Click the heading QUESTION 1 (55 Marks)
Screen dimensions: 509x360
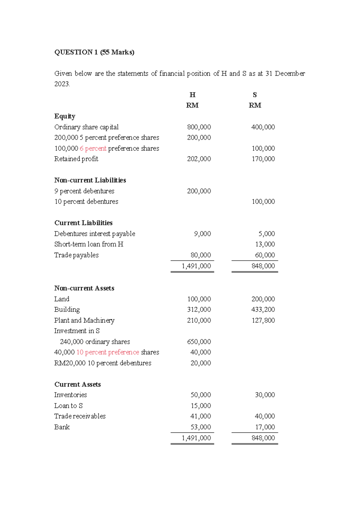[94, 52]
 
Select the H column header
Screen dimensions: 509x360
[192, 95]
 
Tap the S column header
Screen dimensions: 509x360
[255, 95]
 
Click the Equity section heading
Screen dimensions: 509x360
[65, 116]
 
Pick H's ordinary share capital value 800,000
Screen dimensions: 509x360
[199, 127]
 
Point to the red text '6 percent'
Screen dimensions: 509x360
[93, 148]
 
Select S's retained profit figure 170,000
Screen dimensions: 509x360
[263, 159]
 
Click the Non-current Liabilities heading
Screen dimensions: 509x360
[90, 180]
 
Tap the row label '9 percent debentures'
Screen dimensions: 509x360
[84, 191]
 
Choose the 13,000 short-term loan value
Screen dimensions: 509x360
[265, 244]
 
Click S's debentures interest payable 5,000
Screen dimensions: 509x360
[267, 233]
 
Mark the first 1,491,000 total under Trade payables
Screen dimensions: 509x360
[196, 266]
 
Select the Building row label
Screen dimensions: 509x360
[67, 309]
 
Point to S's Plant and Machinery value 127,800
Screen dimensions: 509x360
[263, 320]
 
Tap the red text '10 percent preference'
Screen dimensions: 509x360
[108, 352]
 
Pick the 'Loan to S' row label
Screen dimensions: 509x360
[68, 405]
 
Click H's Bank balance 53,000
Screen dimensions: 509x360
[201, 427]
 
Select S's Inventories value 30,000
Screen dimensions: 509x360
[265, 395]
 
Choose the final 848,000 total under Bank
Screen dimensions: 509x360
[263, 438]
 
